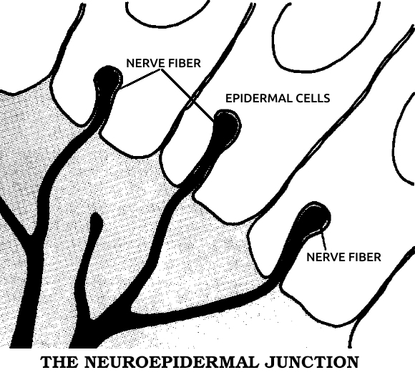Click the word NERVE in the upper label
[x=143, y=63]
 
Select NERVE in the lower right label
[x=323, y=257]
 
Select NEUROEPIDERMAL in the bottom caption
[x=171, y=362]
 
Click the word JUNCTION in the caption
[x=311, y=362]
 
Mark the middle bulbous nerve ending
[x=227, y=124]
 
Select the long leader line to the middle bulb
[x=187, y=95]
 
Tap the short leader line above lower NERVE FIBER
[x=323, y=241]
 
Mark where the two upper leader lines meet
[x=161, y=69]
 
